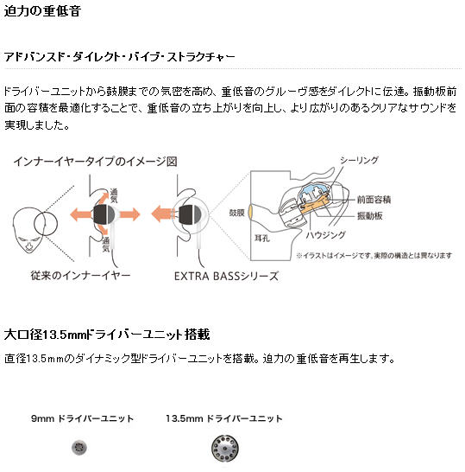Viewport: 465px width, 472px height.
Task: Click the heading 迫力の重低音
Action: [42, 11]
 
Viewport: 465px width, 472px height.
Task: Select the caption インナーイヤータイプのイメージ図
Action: [95, 162]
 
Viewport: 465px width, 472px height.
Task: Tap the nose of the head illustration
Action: [28, 246]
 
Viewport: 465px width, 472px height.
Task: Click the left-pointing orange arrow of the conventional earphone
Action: [80, 214]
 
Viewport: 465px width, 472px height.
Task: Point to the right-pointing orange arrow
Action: [130, 214]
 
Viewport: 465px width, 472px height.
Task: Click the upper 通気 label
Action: [114, 196]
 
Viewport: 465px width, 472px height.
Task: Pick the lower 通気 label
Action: [106, 245]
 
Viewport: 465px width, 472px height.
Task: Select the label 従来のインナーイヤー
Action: [80, 276]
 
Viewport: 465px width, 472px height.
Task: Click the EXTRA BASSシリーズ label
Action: [227, 276]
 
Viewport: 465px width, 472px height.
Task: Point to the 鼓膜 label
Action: [236, 213]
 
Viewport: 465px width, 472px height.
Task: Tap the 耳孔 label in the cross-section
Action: [262, 239]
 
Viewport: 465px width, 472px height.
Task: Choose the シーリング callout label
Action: [359, 161]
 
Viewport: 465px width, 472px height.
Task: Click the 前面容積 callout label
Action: [374, 200]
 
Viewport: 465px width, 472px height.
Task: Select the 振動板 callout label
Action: [369, 216]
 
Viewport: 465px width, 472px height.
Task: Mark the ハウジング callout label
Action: [326, 235]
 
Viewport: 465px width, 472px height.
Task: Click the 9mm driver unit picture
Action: [79, 447]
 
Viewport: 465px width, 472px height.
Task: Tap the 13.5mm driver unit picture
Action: [225, 448]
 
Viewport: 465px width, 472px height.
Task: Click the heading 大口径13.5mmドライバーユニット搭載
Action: [107, 335]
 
